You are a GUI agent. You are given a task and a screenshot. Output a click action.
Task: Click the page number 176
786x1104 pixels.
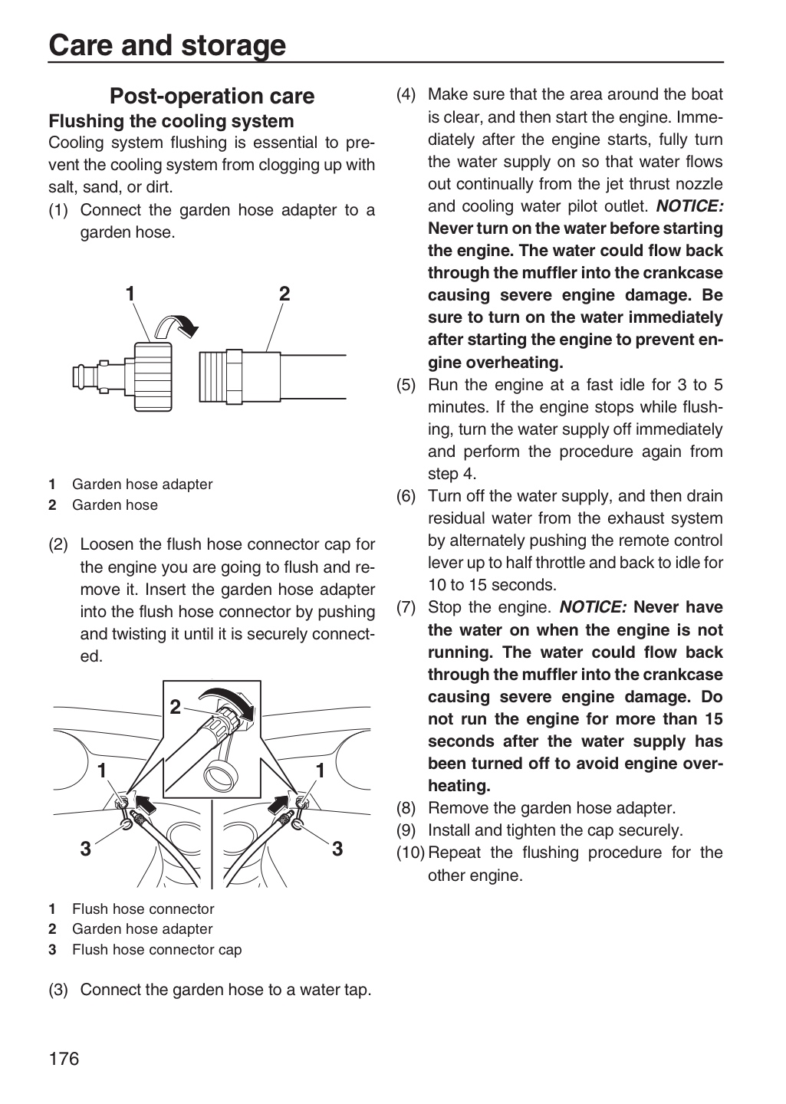coord(64,1058)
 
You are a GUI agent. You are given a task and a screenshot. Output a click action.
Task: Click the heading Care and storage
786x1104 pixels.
coord(167,45)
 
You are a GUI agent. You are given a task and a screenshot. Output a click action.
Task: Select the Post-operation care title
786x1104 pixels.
coord(212,96)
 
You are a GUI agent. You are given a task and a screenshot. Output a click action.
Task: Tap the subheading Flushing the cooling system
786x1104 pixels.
coord(171,121)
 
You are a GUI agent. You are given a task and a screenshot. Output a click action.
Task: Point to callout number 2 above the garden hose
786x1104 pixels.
coord(284,294)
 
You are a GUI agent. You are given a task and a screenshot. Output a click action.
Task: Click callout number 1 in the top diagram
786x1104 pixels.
coord(130,294)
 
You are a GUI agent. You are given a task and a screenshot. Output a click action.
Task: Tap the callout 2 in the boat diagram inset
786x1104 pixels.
coord(175,707)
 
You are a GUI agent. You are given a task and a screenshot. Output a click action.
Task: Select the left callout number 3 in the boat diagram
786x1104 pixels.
coord(86,848)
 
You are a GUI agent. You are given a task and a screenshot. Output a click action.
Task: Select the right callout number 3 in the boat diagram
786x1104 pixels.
coord(337,848)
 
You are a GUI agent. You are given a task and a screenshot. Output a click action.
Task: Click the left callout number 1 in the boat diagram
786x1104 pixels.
coord(102,770)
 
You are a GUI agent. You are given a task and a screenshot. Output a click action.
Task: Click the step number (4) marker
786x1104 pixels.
coord(406,94)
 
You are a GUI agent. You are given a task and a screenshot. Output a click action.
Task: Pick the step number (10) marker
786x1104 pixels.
coord(410,853)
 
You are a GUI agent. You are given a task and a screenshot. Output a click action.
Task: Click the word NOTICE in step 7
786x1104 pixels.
coord(593,606)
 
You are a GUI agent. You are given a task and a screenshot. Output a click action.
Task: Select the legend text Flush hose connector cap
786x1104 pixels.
coord(156,950)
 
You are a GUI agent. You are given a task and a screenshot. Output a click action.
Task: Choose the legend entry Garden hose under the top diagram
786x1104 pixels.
coord(115,504)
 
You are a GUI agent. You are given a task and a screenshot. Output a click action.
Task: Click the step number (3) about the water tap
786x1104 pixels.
coord(58,990)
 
